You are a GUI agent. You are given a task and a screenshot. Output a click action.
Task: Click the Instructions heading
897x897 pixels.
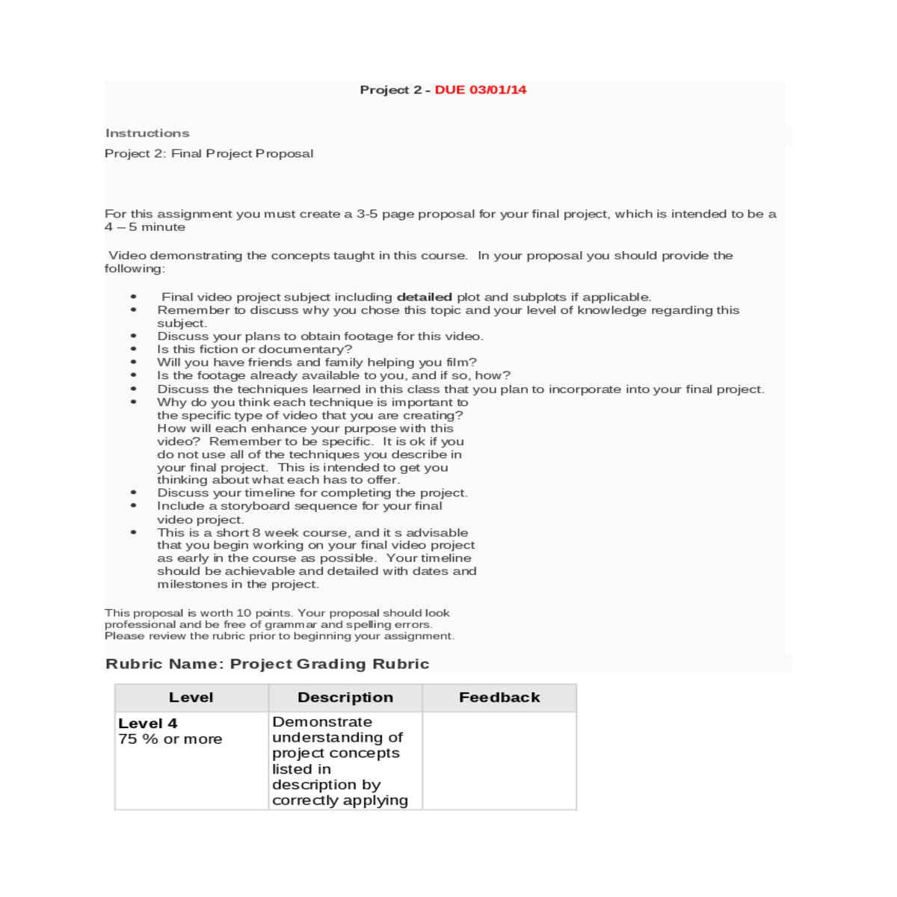(x=147, y=133)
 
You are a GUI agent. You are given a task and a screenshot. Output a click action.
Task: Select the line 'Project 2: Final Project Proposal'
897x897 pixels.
(x=209, y=153)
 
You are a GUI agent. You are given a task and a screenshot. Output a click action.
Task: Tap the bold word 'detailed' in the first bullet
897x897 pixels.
(x=424, y=297)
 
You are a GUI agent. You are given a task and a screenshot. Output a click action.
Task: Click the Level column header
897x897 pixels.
(x=191, y=697)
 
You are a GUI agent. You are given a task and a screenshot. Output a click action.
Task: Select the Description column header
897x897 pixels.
(x=345, y=697)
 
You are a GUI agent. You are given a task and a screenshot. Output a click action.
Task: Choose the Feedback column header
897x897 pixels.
(x=499, y=697)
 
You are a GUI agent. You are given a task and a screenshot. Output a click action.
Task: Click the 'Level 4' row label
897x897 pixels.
(x=148, y=724)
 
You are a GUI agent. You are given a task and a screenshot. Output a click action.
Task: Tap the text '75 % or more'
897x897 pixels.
(x=170, y=739)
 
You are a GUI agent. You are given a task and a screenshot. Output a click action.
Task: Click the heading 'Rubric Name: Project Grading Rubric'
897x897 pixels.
(x=267, y=664)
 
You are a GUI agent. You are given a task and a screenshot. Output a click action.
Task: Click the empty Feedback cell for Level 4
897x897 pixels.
(x=499, y=760)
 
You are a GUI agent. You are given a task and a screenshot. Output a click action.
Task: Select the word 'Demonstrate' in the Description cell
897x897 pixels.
(x=322, y=722)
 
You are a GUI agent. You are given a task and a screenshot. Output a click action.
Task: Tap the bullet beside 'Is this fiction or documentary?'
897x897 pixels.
(x=134, y=349)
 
